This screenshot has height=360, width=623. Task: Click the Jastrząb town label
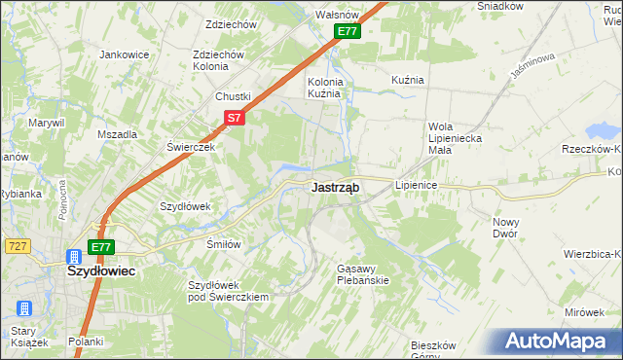[336, 188]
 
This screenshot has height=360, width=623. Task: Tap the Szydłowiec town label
[100, 272]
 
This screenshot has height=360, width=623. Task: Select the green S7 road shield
[234, 118]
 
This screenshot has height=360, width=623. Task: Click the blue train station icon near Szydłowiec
[74, 257]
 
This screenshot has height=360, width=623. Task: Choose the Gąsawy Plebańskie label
[362, 273]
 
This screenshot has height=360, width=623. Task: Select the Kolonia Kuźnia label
[325, 88]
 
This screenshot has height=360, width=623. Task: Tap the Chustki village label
[234, 97]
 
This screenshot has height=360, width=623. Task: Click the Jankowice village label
[124, 54]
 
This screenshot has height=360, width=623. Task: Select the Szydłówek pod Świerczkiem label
[227, 291]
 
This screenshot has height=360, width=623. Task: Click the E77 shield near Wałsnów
[348, 32]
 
